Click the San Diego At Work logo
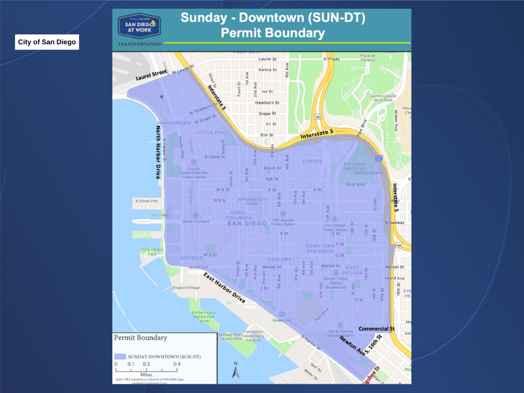click(140, 26)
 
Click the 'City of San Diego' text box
click(47, 43)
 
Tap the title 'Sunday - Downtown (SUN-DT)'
click(272, 17)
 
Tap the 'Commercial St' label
click(376, 329)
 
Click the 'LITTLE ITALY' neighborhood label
click(213, 132)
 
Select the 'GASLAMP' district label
click(279, 259)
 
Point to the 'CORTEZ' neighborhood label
click(312, 162)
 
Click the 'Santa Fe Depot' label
click(196, 222)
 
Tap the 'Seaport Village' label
click(186, 287)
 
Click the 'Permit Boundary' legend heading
click(140, 338)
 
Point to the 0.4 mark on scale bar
click(176, 364)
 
